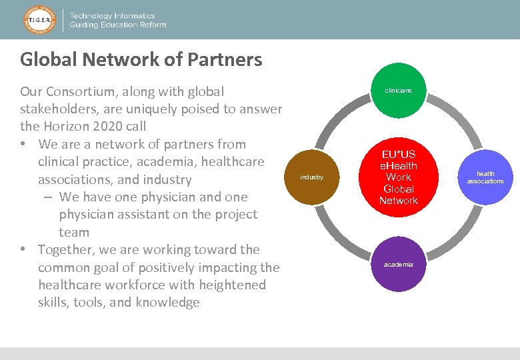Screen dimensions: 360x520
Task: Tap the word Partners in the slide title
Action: point(225,59)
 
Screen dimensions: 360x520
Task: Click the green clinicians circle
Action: point(398,90)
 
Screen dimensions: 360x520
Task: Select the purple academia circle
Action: point(398,265)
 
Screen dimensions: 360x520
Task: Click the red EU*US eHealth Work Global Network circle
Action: point(398,177)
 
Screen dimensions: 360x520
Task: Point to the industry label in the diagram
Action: point(311,177)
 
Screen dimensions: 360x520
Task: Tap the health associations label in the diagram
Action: point(485,177)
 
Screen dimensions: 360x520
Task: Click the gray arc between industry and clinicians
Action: point(337,119)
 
